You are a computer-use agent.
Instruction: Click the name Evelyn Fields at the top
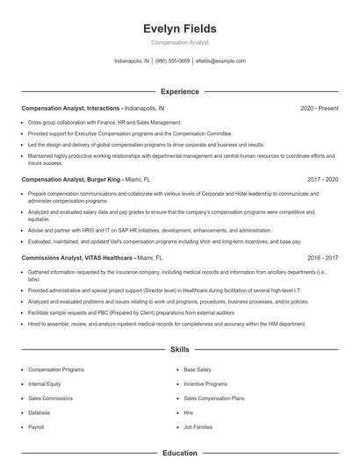tap(180, 29)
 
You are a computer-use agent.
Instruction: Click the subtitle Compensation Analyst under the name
tap(180, 42)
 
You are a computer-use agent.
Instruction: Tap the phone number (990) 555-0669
tap(172, 61)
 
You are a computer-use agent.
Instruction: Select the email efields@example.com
tap(220, 61)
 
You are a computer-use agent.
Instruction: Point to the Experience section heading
tap(180, 91)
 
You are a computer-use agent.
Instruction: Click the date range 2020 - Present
tap(319, 108)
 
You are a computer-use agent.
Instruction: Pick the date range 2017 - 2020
tap(323, 179)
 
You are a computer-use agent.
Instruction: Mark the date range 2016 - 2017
tap(323, 259)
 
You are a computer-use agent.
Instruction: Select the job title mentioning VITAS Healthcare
tap(79, 259)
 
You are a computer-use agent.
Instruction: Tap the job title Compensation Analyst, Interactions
tap(71, 108)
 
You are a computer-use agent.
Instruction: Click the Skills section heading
tap(180, 349)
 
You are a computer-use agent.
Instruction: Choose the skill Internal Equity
tap(46, 383)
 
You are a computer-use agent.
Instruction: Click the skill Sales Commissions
tap(50, 397)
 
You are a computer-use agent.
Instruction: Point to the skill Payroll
tap(36, 426)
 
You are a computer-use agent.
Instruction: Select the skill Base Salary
tap(198, 369)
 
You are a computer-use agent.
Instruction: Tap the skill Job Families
tap(198, 426)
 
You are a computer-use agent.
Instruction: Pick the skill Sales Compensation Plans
tap(214, 397)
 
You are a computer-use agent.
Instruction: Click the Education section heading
tap(180, 453)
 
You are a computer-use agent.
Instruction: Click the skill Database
tap(40, 411)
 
